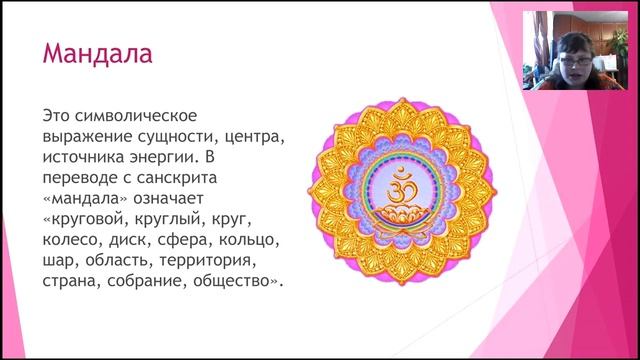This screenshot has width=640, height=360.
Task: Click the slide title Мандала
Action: (97, 52)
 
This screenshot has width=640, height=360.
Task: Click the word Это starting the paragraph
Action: (56, 115)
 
